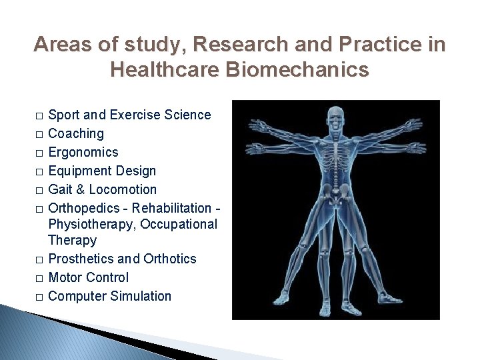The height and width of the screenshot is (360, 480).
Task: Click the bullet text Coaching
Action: click(76, 133)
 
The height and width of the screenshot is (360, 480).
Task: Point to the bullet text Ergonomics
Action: click(83, 152)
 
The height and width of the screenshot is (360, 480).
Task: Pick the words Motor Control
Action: click(89, 277)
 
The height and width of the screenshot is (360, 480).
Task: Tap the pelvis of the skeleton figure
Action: click(335, 193)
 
